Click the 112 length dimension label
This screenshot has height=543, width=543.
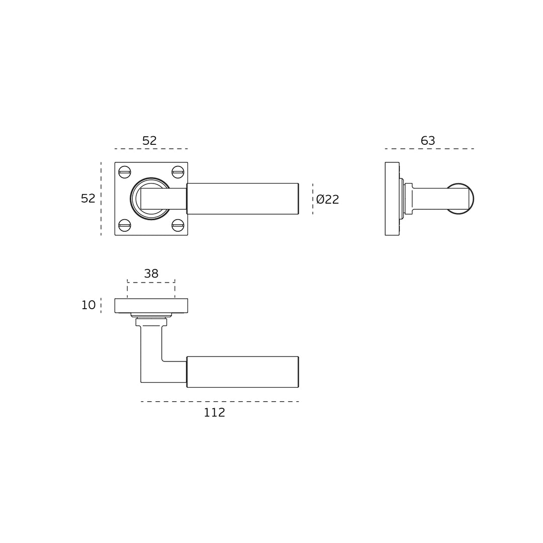pyautogui.click(x=214, y=412)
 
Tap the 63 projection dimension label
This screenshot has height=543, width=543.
pyautogui.click(x=428, y=141)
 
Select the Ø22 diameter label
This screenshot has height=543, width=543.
pyautogui.click(x=328, y=199)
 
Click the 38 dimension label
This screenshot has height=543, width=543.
pyautogui.click(x=151, y=274)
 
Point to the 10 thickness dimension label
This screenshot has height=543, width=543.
pyautogui.click(x=88, y=305)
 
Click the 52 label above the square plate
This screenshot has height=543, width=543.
pyautogui.click(x=150, y=141)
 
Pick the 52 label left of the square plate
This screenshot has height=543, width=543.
pyautogui.click(x=88, y=199)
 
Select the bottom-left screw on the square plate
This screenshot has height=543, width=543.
pyautogui.click(x=125, y=225)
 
